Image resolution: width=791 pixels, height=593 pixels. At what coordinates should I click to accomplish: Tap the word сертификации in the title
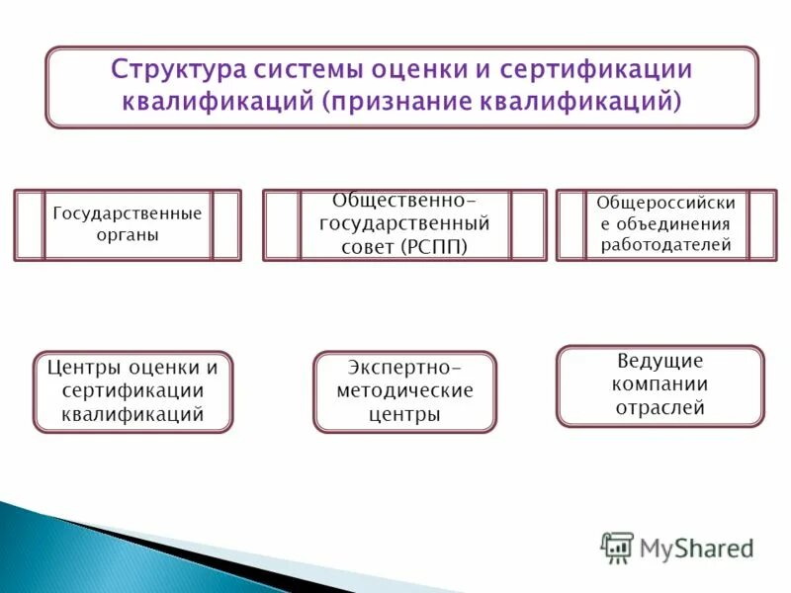pos(596,71)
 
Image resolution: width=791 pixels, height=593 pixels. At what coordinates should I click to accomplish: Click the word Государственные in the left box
pos(127,213)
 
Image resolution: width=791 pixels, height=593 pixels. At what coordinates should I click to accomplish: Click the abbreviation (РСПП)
pos(434,245)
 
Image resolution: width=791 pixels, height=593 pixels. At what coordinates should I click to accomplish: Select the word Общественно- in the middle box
pos(404,201)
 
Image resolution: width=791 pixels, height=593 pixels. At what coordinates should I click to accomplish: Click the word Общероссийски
pos(665,202)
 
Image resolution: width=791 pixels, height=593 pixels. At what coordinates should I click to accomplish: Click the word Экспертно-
pos(404,367)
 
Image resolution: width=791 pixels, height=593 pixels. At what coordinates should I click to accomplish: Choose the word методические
pos(404,390)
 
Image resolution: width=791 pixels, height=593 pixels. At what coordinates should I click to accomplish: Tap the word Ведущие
pos(659,361)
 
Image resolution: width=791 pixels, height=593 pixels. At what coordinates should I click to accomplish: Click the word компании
pos(659,384)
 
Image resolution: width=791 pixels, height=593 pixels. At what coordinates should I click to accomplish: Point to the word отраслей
pos(659,407)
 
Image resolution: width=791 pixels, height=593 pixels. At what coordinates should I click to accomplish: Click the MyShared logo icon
pos(617,547)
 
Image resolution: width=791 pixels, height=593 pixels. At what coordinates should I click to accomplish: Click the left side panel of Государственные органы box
pos(30,225)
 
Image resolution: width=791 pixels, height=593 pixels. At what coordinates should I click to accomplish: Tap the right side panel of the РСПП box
pos(528,225)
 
